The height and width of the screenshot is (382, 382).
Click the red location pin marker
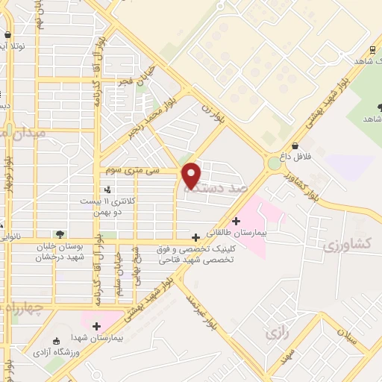191,175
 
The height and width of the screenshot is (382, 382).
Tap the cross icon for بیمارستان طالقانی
236,221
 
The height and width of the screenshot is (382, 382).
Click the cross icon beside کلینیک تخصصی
195,237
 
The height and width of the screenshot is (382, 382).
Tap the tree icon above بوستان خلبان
60,234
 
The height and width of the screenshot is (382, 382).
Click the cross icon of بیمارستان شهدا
96,325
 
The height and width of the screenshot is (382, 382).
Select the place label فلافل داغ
295,157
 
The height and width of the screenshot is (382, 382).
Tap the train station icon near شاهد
372,51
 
